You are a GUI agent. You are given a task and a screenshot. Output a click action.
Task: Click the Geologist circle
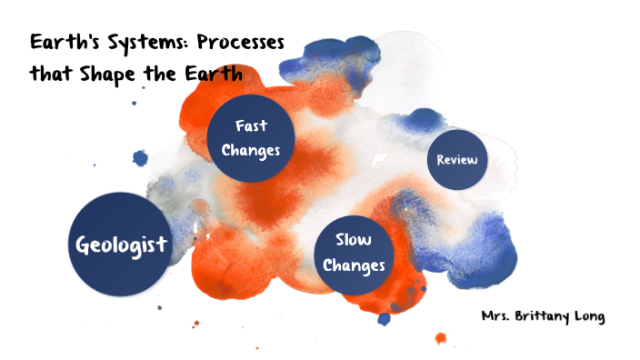coord(122,244)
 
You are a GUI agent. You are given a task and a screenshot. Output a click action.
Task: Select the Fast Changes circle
coord(251,137)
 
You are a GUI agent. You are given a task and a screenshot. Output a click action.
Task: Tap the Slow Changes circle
coord(354,254)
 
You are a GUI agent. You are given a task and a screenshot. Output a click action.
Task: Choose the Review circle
coord(456,160)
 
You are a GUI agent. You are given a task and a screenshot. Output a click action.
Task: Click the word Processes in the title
coord(235,43)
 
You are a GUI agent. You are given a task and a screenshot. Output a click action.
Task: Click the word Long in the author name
coord(590,317)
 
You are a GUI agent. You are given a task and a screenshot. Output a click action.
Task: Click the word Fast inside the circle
coord(251,126)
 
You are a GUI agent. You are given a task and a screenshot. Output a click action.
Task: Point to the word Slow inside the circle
coord(354,241)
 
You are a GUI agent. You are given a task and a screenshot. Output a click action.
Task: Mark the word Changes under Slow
coord(354,265)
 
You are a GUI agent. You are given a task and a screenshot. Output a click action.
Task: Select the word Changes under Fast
coord(251,149)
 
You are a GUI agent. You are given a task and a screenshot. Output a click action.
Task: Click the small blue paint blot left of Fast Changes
coord(140,159)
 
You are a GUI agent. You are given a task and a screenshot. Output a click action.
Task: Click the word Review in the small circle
coord(456,160)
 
